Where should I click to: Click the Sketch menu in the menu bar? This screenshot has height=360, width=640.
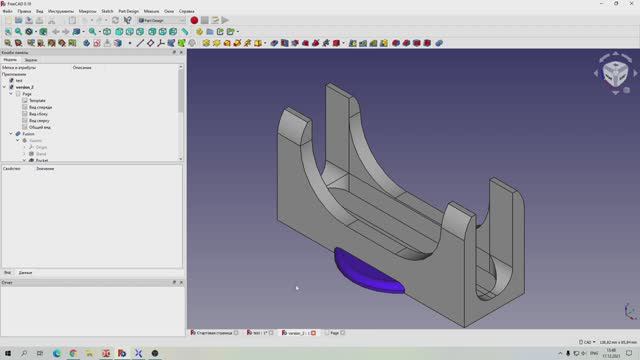pos(106,11)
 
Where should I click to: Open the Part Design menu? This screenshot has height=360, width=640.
pos(128,11)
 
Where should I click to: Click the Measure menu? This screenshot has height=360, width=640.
pos(152,11)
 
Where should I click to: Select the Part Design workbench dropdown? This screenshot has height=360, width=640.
pos(160,20)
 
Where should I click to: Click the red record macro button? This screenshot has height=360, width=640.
pos(194,20)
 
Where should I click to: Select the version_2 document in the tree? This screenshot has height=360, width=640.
pos(24,87)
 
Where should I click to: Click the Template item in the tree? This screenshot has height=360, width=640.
pos(37,101)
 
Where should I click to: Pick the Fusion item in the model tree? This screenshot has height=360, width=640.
pos(29,134)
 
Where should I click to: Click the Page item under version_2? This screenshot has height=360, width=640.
pos(27,94)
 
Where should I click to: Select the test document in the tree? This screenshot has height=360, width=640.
pos(19,80)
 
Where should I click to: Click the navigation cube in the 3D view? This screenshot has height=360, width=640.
pos(614,74)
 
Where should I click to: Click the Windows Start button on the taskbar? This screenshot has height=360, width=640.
pos(9,352)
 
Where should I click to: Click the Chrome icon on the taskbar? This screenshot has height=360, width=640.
pos(74,352)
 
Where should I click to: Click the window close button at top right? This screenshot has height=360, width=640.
pos(631,4)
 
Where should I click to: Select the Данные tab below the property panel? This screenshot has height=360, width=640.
pos(25,272)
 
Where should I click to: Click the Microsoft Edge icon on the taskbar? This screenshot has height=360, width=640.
pos(58,352)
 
